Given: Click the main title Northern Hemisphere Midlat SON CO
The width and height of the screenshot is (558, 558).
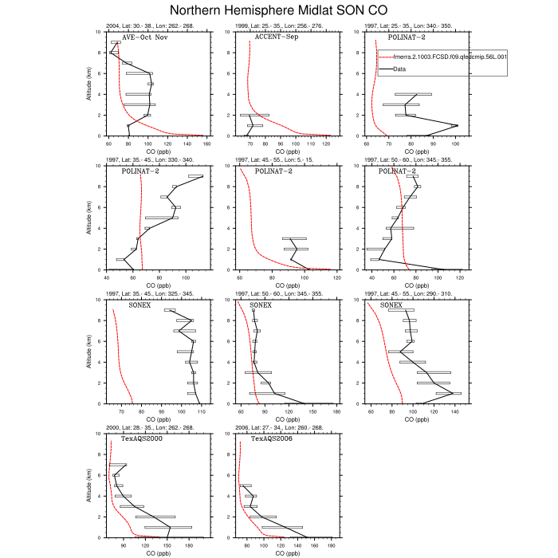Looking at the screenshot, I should tap(279, 10).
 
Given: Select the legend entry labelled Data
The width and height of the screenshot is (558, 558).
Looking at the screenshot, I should tap(399, 69).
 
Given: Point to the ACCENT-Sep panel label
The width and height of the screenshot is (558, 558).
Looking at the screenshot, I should tap(271, 37).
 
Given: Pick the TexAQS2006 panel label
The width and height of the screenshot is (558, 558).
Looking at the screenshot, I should tap(272, 438).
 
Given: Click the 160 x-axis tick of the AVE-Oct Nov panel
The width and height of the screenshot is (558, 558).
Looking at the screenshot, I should tap(206, 143).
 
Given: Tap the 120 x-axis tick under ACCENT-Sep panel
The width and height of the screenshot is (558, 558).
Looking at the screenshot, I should tap(326, 143).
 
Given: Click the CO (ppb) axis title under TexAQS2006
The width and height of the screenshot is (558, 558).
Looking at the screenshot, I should tap(288, 552).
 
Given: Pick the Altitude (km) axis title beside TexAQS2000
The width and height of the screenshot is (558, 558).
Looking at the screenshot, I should tap(88, 485).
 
